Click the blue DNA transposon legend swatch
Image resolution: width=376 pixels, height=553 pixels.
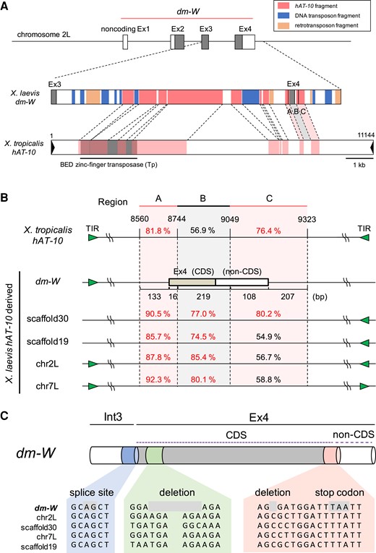[x=283, y=15]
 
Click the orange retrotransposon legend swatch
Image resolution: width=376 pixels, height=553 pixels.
[x=283, y=25]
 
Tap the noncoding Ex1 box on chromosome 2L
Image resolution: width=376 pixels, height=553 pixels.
[x=125, y=42]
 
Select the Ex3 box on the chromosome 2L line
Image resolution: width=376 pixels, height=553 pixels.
[x=205, y=42]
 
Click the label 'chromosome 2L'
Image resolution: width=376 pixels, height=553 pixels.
[x=43, y=35]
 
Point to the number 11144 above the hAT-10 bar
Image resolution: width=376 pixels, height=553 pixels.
[x=366, y=135]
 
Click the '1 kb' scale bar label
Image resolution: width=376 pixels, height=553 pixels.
[x=359, y=165]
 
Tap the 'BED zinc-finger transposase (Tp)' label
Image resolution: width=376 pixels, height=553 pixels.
[x=108, y=165]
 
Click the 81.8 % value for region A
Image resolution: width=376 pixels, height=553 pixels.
[x=158, y=231]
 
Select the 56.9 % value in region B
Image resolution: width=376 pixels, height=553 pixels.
[x=202, y=231]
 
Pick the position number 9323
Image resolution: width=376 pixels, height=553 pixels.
[x=307, y=219]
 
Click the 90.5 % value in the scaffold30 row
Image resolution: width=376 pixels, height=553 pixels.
[x=158, y=314]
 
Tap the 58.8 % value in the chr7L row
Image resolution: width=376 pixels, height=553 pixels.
[x=268, y=380]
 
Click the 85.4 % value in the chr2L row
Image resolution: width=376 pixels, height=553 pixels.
[x=203, y=357]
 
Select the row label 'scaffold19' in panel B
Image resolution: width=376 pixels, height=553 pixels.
[x=48, y=342]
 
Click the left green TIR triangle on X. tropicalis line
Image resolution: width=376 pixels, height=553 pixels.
[x=93, y=238]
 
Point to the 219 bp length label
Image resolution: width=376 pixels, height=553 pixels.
[x=203, y=296]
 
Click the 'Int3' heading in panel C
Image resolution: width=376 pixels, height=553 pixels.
[x=113, y=417]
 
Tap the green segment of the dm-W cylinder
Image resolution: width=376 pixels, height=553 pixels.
[x=154, y=455]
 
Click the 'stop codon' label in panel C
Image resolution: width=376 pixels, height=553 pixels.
[x=339, y=492]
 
